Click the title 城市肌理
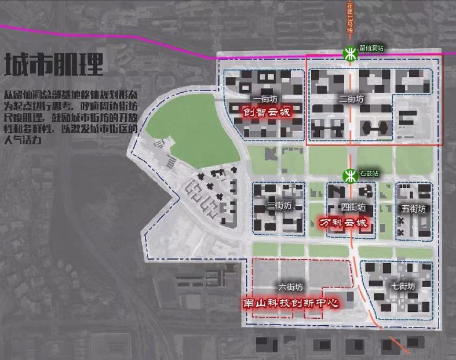tap(54, 65)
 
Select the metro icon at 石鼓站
tap(350, 175)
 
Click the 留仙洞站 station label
tap(371, 49)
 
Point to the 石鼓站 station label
tap(369, 173)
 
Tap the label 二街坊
tap(351, 99)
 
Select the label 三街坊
tap(279, 206)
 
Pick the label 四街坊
tap(353, 207)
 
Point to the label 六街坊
tap(290, 287)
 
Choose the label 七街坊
tap(403, 286)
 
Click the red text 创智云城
tap(266, 111)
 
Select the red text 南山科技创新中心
tap(290, 303)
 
